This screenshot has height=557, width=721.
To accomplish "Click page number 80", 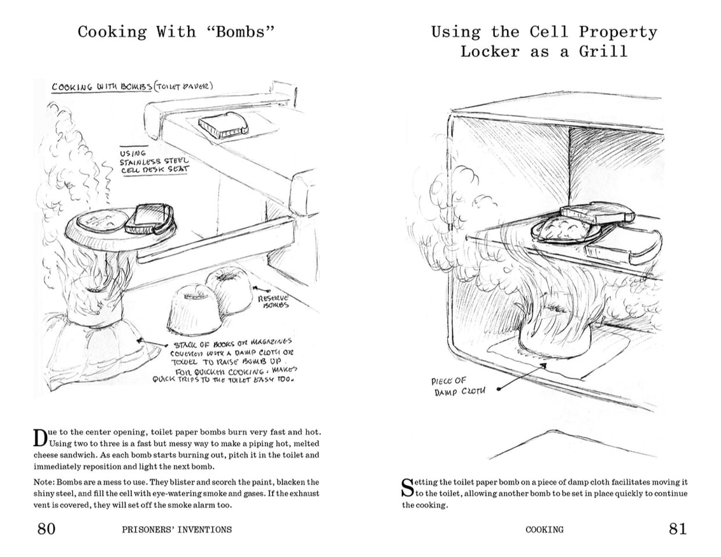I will pos(46,528).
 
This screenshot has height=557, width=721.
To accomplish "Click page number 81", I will pos(678,528).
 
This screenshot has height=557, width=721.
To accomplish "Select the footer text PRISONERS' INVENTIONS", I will pos(176,529).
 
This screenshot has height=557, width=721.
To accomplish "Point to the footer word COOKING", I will pos(545,529).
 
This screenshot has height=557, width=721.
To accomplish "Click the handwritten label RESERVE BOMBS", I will pos(273,301).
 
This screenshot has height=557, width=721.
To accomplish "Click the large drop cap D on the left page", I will pos(40,438).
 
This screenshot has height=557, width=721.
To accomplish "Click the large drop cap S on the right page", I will pos(408,488).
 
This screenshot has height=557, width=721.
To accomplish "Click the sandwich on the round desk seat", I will pos(151,219).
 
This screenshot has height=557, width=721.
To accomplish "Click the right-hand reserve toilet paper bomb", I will pos(229,289).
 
